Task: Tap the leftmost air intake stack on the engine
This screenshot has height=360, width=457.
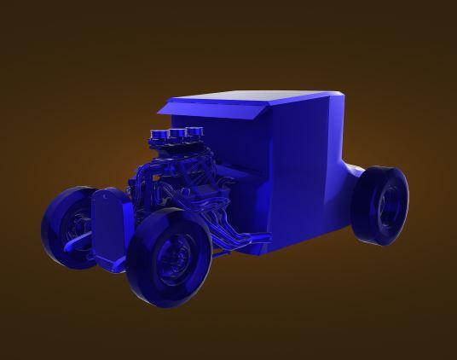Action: coord(159,136)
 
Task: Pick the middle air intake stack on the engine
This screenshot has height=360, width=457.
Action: coord(178,134)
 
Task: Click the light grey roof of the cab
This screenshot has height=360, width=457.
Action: coord(256,97)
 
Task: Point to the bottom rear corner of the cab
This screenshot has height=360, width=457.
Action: coord(345,229)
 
